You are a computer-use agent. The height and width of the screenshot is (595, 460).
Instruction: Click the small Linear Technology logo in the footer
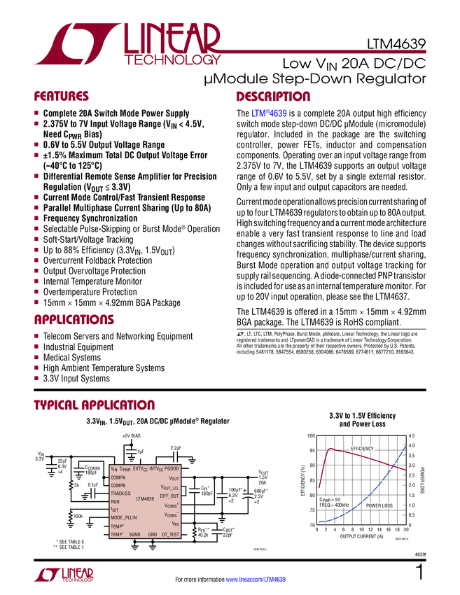click(63, 574)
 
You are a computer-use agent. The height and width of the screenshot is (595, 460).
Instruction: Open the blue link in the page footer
click(256, 580)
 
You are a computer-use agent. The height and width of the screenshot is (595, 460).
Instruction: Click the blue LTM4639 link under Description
click(269, 113)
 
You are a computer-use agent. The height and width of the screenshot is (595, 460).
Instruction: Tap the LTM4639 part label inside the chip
click(145, 499)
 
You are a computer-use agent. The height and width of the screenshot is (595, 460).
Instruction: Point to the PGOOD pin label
click(172, 468)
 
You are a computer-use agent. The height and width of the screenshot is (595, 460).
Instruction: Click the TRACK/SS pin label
click(120, 493)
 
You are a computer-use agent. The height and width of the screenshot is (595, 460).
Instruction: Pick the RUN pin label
click(116, 502)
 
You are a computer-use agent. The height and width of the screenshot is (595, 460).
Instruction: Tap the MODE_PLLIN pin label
click(124, 518)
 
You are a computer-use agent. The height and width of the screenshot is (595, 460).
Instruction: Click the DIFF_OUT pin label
click(169, 496)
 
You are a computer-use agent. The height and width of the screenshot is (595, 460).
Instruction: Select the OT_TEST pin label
click(170, 534)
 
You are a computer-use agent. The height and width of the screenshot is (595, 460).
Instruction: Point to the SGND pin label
click(134, 534)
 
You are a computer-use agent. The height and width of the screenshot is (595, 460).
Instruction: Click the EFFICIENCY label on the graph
click(362, 448)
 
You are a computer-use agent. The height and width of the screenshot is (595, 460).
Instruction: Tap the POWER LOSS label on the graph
click(379, 505)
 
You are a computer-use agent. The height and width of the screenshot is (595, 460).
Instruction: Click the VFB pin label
click(175, 524)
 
